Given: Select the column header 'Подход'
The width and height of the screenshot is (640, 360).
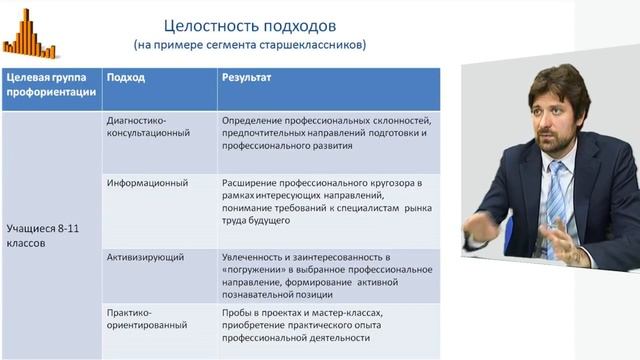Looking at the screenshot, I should (125, 77).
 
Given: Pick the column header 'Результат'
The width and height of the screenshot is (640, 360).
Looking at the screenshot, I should (246, 77).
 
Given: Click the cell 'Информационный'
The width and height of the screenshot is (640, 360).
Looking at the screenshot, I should (147, 183).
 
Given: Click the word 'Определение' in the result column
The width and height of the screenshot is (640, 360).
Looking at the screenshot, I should (257, 118).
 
